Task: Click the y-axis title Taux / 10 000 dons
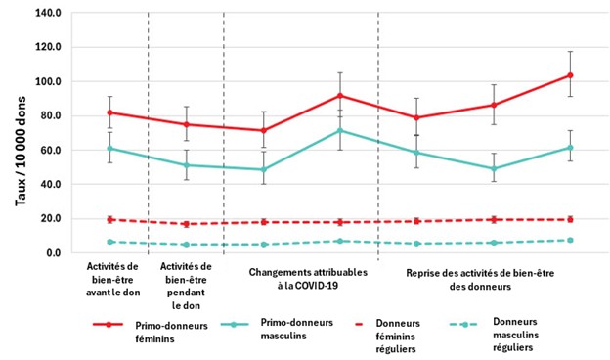pyautogui.click(x=21, y=132)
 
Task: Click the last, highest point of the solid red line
pyautogui.click(x=570, y=75)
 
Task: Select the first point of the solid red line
pyautogui.click(x=109, y=112)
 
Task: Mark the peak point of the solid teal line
pyautogui.click(x=340, y=130)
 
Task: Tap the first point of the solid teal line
pyautogui.click(x=109, y=149)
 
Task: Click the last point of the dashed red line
pyautogui.click(x=570, y=219)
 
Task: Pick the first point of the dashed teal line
pyautogui.click(x=109, y=242)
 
